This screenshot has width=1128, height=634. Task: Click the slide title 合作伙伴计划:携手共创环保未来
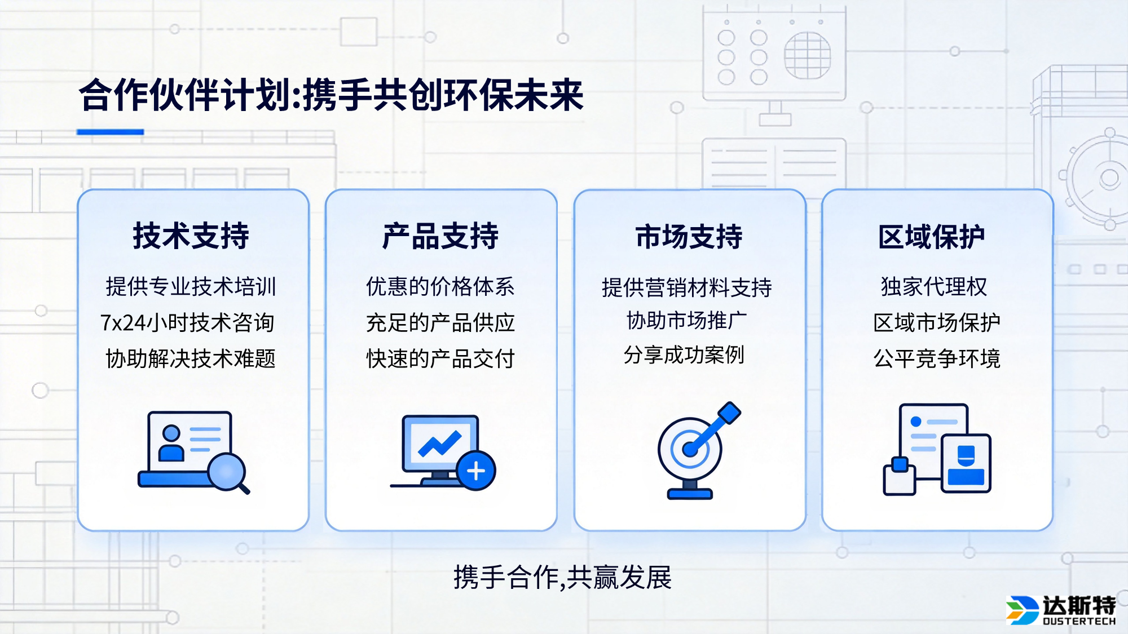coord(331,95)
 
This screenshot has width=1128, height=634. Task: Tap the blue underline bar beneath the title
coord(110,132)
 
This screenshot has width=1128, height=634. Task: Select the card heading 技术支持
coord(191,236)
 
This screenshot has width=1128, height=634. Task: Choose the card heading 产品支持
coord(440,236)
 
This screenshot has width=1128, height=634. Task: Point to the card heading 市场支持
coord(689,236)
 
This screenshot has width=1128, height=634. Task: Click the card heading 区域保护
coord(931,236)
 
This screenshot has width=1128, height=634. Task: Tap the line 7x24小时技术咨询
coord(187,323)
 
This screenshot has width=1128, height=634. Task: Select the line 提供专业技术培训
coord(191,287)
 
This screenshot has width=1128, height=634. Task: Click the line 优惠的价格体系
coord(440,287)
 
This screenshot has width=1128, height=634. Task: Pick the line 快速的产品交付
coord(440,358)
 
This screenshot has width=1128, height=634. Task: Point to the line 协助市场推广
coord(686,321)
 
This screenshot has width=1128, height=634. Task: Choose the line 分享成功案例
coord(684,355)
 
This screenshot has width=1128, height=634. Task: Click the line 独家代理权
coord(933,287)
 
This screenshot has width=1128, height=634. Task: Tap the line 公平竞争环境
coord(936,358)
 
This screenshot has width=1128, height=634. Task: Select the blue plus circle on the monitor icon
coord(476,471)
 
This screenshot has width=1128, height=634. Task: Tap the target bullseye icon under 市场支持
coord(690,449)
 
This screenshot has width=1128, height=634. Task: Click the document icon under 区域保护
coord(933,440)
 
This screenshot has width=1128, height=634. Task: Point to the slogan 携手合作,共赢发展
coord(562,577)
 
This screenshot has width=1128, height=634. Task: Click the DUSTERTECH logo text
coord(1078,621)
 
